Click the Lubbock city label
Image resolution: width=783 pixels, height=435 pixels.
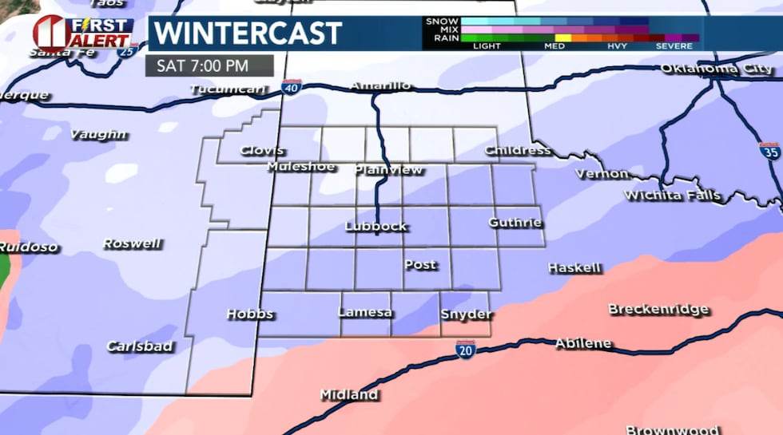[x=376, y=226]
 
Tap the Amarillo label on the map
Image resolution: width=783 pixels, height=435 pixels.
[x=380, y=85]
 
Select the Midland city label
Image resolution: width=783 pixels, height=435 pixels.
[x=348, y=394]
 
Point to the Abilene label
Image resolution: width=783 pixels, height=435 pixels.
[x=583, y=343]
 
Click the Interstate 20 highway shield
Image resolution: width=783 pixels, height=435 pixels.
[x=465, y=349]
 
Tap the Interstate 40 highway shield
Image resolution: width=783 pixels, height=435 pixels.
[x=292, y=87]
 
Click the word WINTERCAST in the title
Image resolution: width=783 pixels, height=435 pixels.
[x=248, y=34]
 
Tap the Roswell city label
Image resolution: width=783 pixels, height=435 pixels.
[x=132, y=243]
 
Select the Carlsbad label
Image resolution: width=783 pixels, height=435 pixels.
[x=139, y=346]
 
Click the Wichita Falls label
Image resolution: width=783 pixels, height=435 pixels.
[x=672, y=195]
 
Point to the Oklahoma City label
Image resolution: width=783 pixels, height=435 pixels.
[x=717, y=69]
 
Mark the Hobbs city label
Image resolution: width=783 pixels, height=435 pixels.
[x=250, y=314]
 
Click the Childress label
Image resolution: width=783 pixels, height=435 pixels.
[x=518, y=150]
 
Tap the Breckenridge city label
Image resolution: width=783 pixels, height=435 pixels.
[x=658, y=308]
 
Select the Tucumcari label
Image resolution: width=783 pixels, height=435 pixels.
[x=228, y=89]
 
